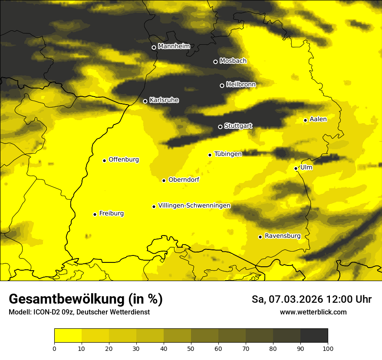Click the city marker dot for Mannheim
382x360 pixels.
pyautogui.click(x=154, y=48)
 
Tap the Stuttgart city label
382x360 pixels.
pyautogui.click(x=238, y=126)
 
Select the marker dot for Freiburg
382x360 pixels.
pyautogui.click(x=95, y=214)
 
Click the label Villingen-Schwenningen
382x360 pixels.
pyautogui.click(x=194, y=206)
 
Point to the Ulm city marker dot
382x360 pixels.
pyautogui.click(x=296, y=168)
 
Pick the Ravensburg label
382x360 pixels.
pyautogui.click(x=282, y=236)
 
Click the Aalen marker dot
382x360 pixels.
pyautogui.click(x=305, y=120)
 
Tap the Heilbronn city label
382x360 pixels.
pyautogui.click(x=241, y=85)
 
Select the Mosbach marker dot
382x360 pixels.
pyautogui.click(x=215, y=62)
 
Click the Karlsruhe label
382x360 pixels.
pyautogui.click(x=164, y=100)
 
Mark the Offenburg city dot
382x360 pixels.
pyautogui.click(x=104, y=160)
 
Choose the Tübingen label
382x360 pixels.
pyautogui.click(x=228, y=154)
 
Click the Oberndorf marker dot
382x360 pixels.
pyautogui.click(x=164, y=180)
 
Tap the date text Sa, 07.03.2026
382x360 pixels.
pyautogui.click(x=286, y=299)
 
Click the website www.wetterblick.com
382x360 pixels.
pyautogui.click(x=313, y=312)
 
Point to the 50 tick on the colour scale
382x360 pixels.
pyautogui.click(x=191, y=348)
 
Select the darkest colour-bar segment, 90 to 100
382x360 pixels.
pyautogui.click(x=314, y=336)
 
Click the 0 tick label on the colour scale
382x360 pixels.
pyautogui.click(x=54, y=348)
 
